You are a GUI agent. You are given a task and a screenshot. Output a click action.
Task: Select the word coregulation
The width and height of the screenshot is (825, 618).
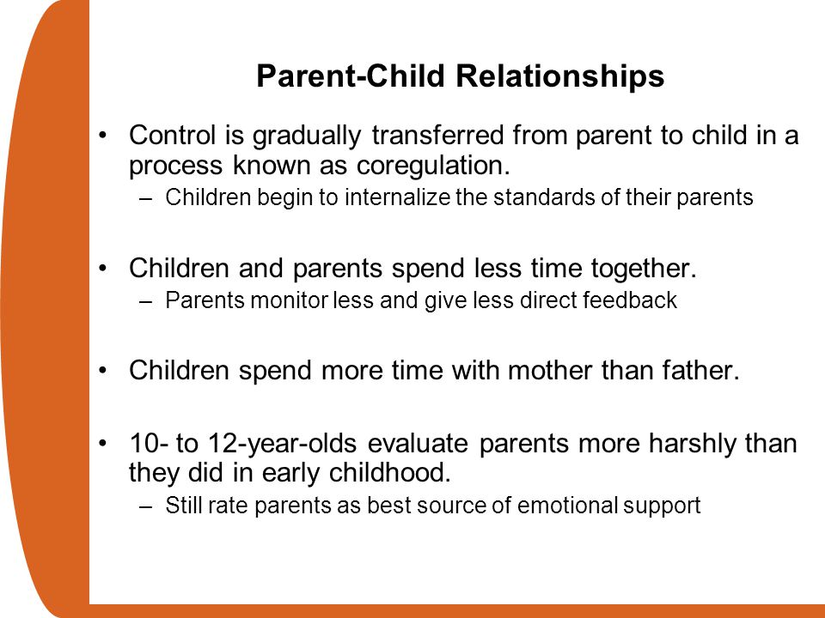pyautogui.click(x=433, y=167)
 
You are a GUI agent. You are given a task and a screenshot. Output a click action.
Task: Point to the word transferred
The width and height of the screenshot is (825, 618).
pyautogui.click(x=437, y=135)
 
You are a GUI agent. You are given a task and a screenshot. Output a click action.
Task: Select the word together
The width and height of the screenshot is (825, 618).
pyautogui.click(x=644, y=269)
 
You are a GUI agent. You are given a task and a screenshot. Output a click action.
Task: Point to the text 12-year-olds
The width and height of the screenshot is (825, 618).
pyautogui.click(x=282, y=444)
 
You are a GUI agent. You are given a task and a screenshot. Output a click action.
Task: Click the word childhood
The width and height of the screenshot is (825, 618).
pyautogui.click(x=390, y=472)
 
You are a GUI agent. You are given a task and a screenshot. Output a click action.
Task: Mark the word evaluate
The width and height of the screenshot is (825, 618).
pyautogui.click(x=418, y=443)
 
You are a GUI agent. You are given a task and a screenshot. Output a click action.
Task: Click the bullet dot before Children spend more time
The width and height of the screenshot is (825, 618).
pyautogui.click(x=102, y=370)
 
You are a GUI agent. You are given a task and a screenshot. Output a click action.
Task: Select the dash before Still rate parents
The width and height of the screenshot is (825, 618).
pyautogui.click(x=146, y=506)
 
